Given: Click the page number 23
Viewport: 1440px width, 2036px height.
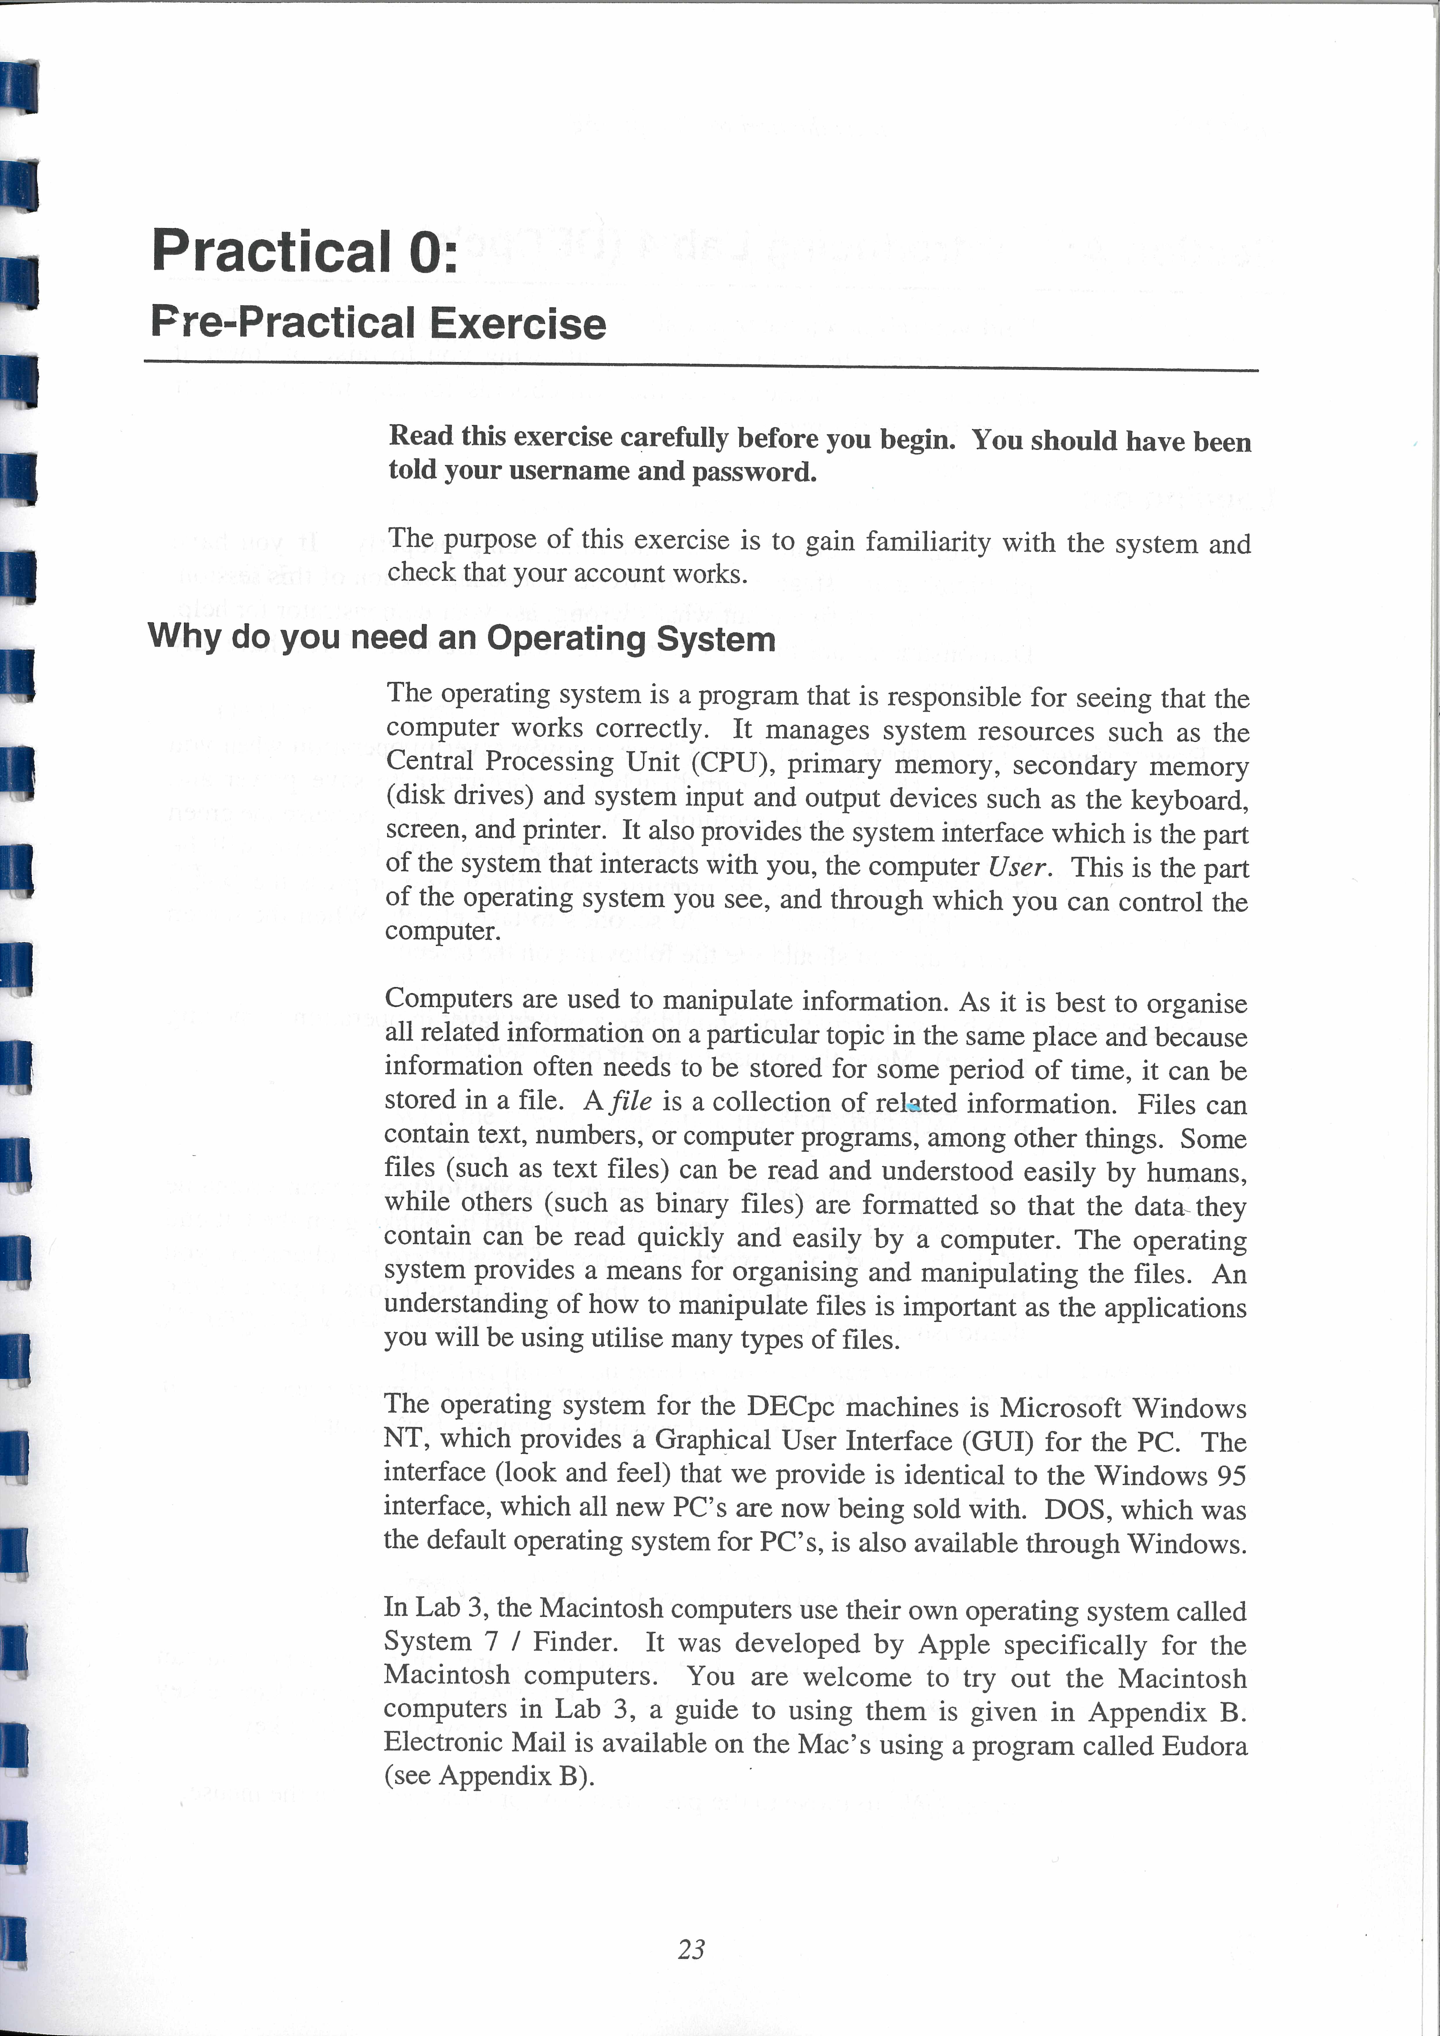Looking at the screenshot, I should coord(691,1949).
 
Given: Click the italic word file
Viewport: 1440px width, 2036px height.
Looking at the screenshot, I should coord(631,1101).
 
